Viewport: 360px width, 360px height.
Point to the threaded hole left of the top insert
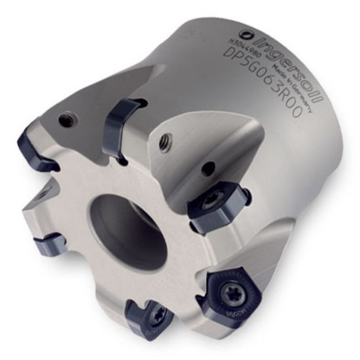(x=65, y=119)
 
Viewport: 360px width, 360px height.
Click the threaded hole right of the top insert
(x=166, y=139)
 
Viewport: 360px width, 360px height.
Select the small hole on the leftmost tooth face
(x=41, y=194)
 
